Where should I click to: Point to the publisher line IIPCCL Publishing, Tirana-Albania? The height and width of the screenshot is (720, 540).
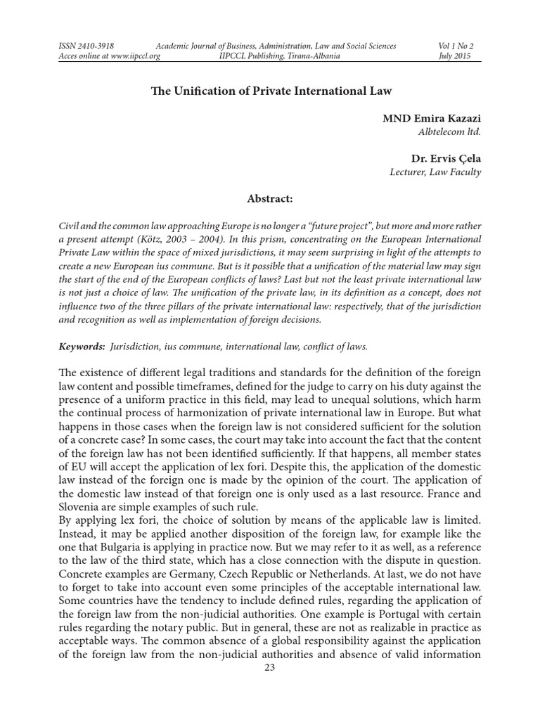(280, 56)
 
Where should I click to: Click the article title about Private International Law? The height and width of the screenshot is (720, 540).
(270, 91)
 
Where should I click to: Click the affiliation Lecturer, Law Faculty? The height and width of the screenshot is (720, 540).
(436, 172)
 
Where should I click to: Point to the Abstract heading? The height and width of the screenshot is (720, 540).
(270, 199)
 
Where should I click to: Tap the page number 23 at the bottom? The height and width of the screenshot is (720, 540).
(269, 667)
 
